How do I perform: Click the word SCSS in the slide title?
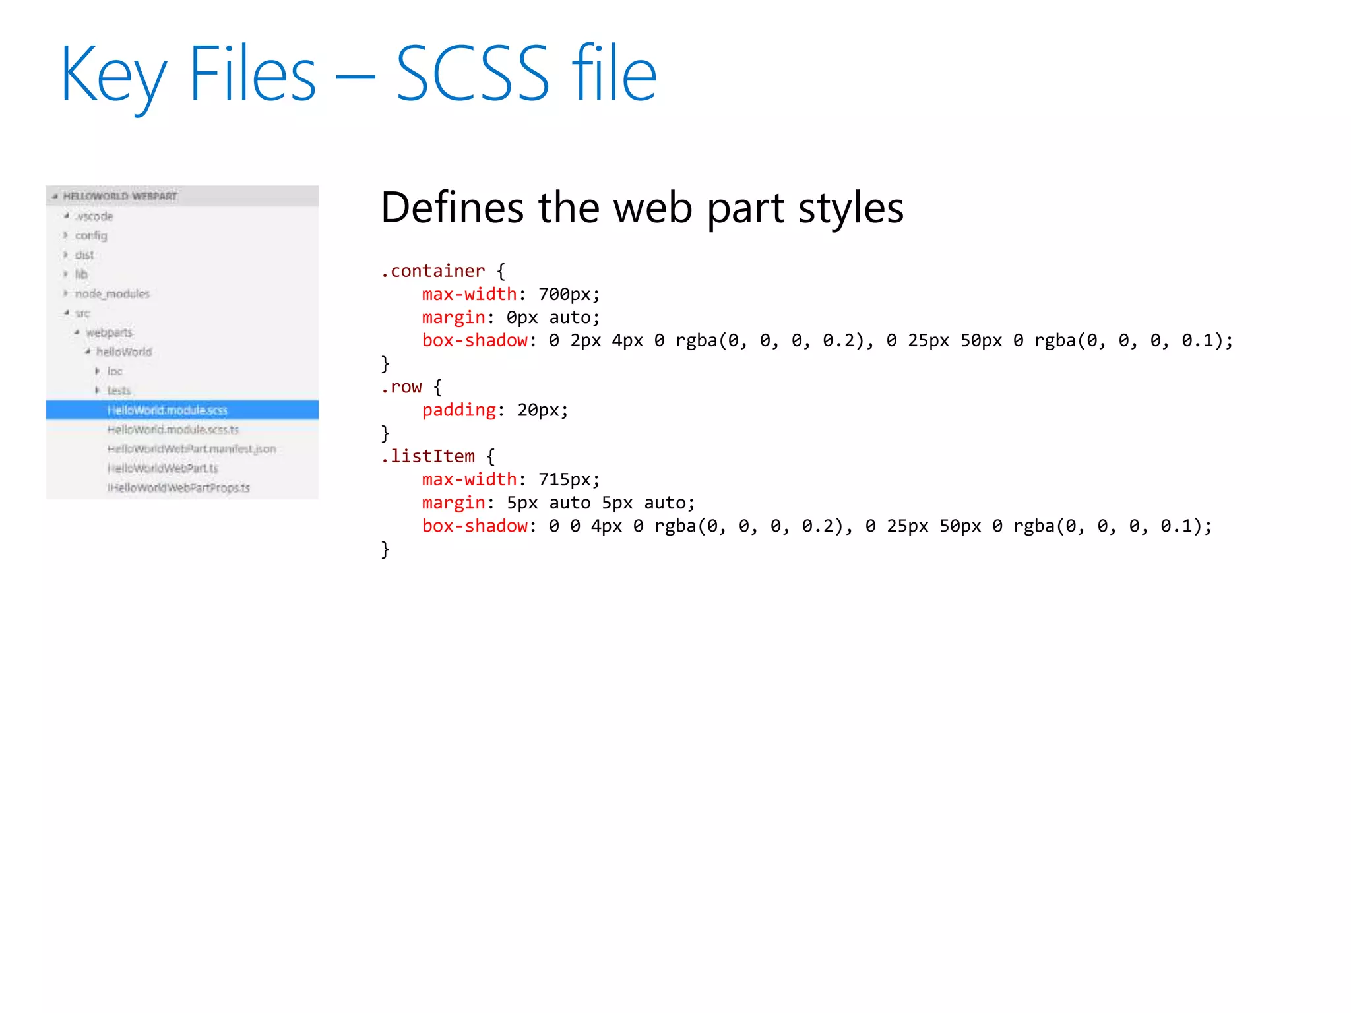coord(472,74)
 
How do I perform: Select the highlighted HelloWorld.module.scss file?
coord(167,410)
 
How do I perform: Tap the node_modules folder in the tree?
coord(112,293)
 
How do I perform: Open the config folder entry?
coord(90,235)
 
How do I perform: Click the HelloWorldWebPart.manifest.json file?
coord(191,449)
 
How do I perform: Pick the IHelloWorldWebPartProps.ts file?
coord(178,488)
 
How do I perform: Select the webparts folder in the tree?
coord(109,332)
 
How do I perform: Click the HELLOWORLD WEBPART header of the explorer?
coord(120,196)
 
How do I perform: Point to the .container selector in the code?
coord(433,271)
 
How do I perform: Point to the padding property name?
coord(458,410)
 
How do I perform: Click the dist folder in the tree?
coord(84,255)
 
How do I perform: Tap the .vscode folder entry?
coord(94,216)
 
